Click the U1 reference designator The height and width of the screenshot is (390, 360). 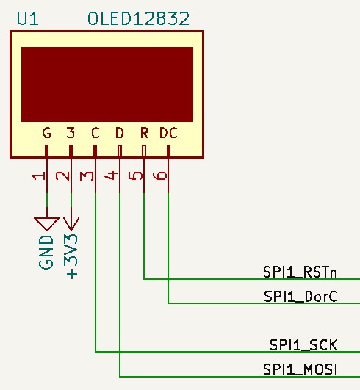point(28,19)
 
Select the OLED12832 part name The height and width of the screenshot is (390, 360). point(139,19)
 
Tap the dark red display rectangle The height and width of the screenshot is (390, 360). point(107,84)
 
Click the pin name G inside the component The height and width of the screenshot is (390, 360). point(46,133)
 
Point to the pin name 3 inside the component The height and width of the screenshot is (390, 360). point(71,133)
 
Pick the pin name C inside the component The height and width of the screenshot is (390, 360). point(96,133)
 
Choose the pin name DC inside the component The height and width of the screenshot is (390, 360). point(168,133)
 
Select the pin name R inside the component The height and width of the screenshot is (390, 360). point(144,133)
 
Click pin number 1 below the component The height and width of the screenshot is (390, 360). point(38,176)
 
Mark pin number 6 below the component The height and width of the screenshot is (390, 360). point(160,176)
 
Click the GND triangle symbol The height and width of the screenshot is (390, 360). point(46,224)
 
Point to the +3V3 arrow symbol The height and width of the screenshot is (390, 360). point(71,224)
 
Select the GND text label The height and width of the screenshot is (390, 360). point(46,252)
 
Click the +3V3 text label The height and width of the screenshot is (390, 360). point(72,256)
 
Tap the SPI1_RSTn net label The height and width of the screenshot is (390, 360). point(300,272)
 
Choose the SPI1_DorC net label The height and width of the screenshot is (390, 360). point(300,297)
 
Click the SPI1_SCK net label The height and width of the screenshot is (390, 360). point(303,345)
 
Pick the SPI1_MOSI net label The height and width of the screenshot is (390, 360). point(300,369)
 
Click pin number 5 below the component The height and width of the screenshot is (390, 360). point(136,176)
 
